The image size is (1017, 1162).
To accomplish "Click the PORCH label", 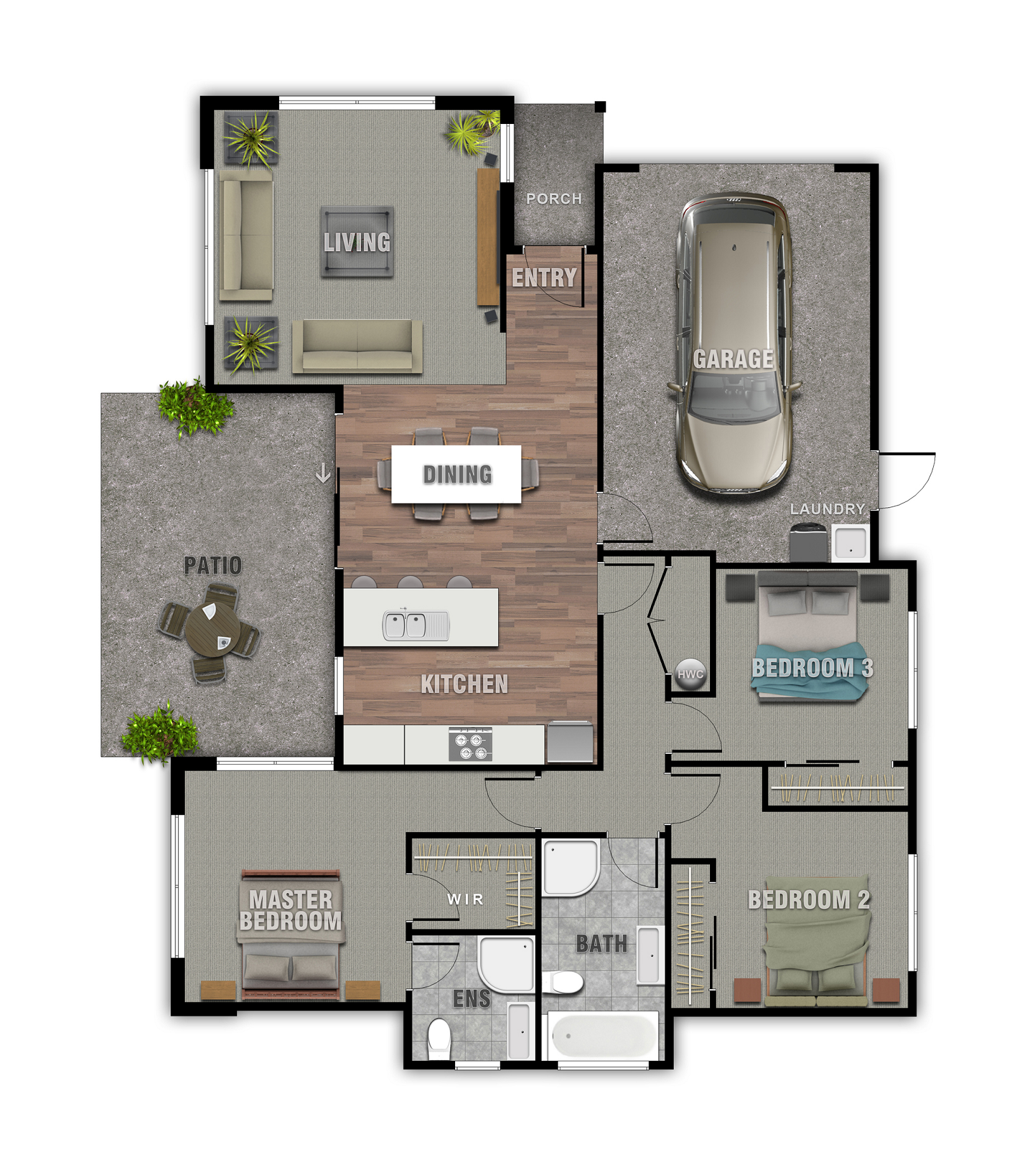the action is (x=554, y=199).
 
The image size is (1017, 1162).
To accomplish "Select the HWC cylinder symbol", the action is (x=690, y=674).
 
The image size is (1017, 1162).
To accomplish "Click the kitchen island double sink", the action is (x=416, y=625).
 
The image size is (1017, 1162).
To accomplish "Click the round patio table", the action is (x=212, y=632).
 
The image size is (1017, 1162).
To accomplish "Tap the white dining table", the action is (x=456, y=474).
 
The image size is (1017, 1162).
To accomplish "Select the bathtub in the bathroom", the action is (x=603, y=1036).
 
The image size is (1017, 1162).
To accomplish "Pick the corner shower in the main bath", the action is (x=570, y=867).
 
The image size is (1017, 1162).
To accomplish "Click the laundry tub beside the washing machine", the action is (x=850, y=543).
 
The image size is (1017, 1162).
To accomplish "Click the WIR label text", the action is (x=465, y=899).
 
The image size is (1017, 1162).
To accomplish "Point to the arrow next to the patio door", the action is (x=324, y=473).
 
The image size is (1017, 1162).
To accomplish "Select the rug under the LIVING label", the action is (x=357, y=242).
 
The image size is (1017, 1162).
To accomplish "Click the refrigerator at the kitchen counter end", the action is (x=570, y=742).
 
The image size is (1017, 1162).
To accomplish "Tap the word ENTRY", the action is (x=544, y=278).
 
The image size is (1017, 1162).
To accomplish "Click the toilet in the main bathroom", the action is (x=563, y=983).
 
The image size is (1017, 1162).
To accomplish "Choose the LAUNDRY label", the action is (x=827, y=509).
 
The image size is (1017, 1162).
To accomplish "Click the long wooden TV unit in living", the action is (x=488, y=236).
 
